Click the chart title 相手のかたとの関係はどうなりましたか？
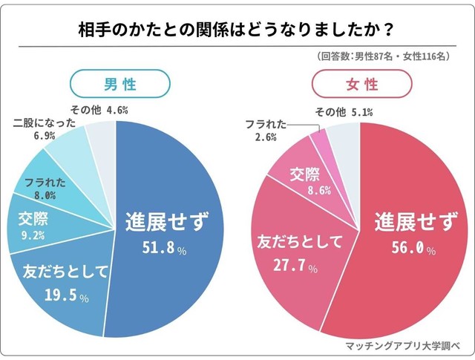[237, 30]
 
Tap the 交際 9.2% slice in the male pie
[30, 227]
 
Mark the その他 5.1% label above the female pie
[343, 112]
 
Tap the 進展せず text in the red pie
[409, 220]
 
